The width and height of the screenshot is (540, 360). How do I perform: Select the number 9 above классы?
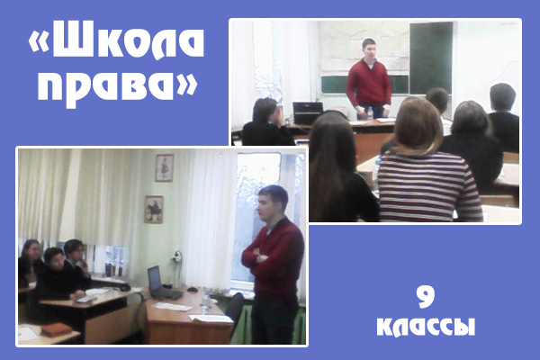pyautogui.click(x=426, y=298)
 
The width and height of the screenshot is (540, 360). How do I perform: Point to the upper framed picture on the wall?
pyautogui.click(x=165, y=167)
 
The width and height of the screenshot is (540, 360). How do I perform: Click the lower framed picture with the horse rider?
pyautogui.click(x=154, y=209)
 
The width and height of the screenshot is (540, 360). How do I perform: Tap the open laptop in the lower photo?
pyautogui.click(x=163, y=283)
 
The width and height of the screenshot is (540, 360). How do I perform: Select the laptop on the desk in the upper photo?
pyautogui.click(x=307, y=113)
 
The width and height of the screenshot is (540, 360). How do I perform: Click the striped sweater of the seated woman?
pyautogui.click(x=429, y=186)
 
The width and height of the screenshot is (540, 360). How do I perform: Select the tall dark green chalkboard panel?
pyautogui.click(x=431, y=58)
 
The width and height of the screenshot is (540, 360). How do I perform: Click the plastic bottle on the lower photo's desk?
pyautogui.click(x=206, y=302)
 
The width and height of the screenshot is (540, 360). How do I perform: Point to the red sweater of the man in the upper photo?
pyautogui.click(x=368, y=83)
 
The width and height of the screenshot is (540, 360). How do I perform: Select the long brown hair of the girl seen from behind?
pyautogui.click(x=330, y=162)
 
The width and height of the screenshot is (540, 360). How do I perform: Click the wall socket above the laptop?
pyautogui.click(x=177, y=256)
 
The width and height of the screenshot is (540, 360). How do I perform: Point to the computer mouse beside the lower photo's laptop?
pyautogui.click(x=193, y=290)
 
